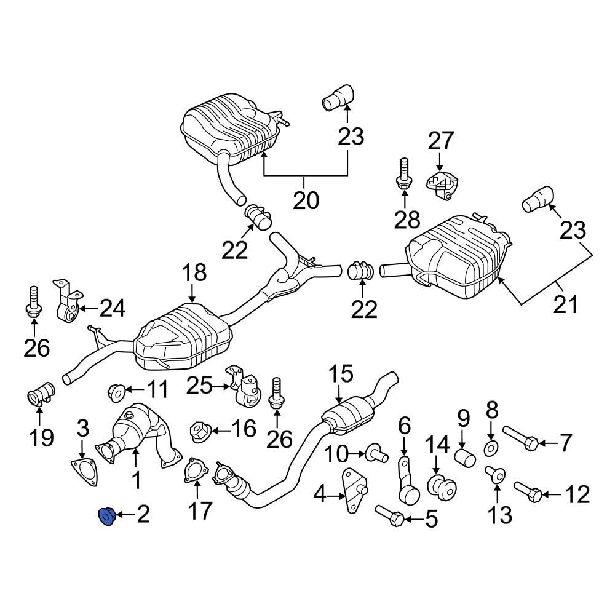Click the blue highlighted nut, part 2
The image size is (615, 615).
pos(107,516)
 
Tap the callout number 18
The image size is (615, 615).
pos(194,274)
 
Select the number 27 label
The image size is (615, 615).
pos(440,141)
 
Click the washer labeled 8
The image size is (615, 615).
pos(491,448)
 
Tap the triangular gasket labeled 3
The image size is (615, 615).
pos(84,472)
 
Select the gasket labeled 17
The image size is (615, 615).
pos(194,470)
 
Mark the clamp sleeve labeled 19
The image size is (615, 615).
pos(42,394)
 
